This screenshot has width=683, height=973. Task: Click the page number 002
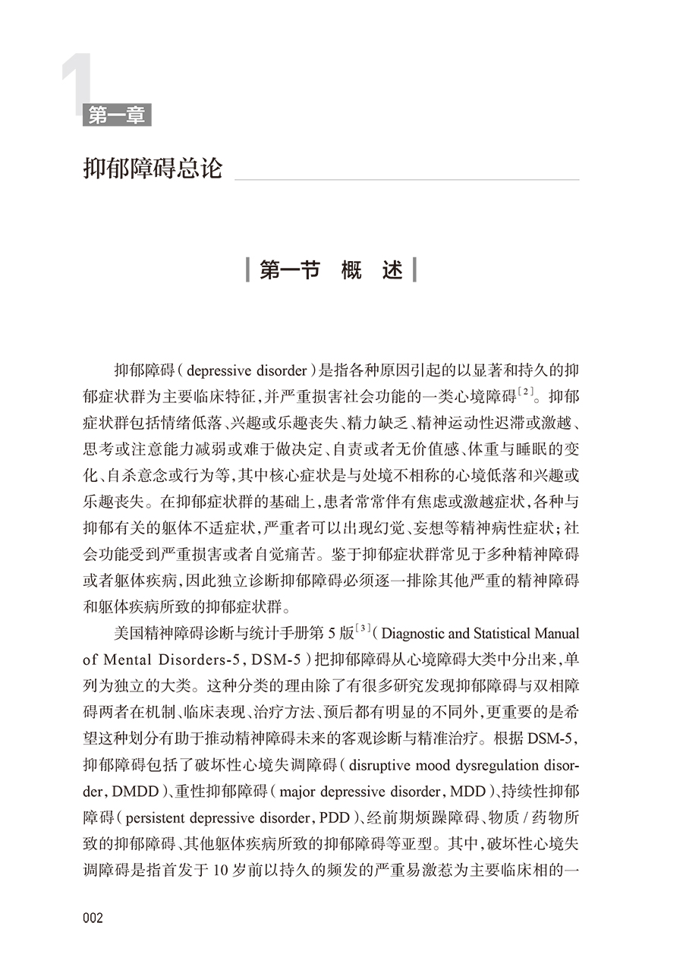click(x=93, y=918)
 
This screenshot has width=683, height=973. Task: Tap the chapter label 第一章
click(x=117, y=115)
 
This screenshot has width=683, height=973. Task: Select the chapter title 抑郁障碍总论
click(x=153, y=168)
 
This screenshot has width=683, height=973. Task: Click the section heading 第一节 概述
click(x=331, y=270)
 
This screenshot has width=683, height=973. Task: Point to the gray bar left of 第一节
click(x=248, y=270)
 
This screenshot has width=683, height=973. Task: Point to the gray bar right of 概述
click(x=414, y=270)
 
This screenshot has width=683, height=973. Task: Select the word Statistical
click(x=507, y=634)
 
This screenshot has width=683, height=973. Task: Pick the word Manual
click(x=559, y=634)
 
